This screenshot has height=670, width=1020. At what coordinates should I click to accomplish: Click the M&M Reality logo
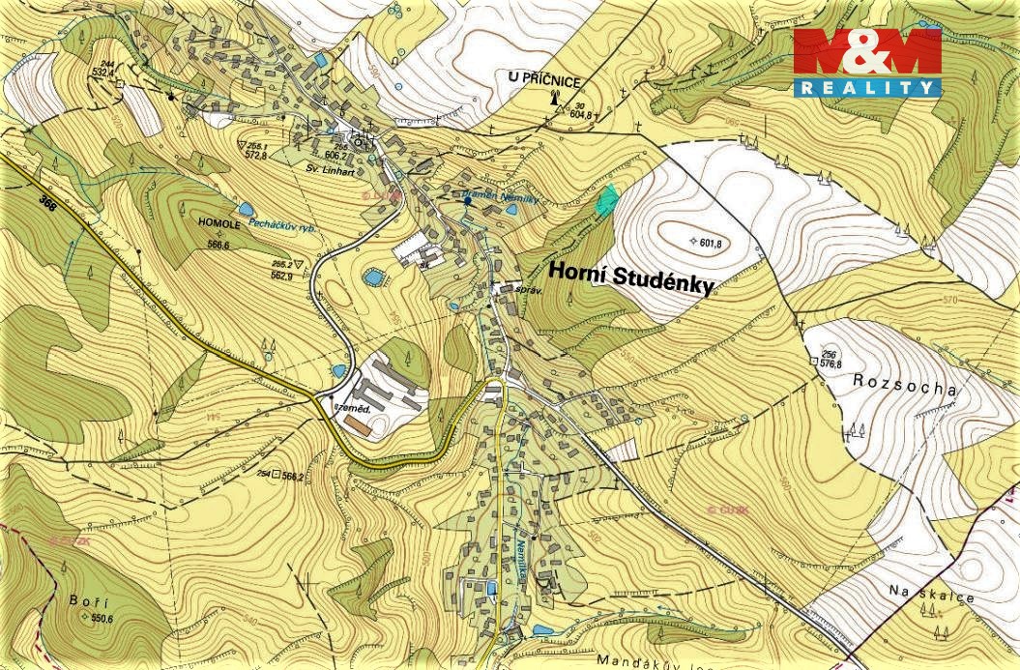tap(867, 62)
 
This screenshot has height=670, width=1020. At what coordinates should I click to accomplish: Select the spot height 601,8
tap(709, 243)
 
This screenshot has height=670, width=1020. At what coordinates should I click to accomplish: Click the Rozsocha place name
tap(905, 385)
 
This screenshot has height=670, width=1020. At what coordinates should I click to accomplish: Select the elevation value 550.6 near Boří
tap(102, 619)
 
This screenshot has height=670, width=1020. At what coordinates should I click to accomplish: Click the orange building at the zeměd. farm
tap(359, 423)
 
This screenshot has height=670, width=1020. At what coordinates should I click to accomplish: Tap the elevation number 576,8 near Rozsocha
tap(831, 364)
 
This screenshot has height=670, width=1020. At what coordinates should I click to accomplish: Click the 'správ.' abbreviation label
tap(528, 289)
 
